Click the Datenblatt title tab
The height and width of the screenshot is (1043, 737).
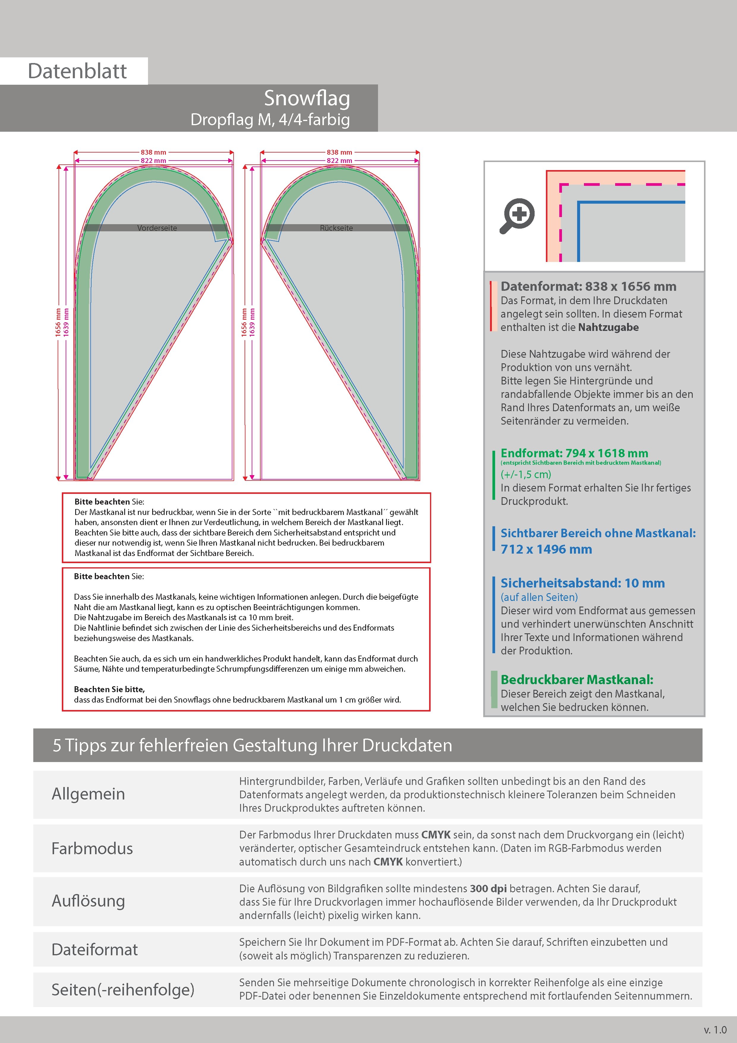[77, 71]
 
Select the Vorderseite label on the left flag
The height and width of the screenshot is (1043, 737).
[157, 228]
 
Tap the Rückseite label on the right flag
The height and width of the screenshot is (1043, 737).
[336, 228]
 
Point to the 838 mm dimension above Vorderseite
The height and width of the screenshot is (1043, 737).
[153, 152]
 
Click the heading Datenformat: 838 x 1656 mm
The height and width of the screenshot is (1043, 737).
[588, 286]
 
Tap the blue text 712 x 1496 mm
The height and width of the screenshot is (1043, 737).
[546, 549]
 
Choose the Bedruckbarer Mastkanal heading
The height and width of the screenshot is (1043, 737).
[577, 680]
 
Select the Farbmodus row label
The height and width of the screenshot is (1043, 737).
[92, 848]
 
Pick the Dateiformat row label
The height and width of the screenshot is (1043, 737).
[95, 949]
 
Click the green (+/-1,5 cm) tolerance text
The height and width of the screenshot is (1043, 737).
[525, 474]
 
